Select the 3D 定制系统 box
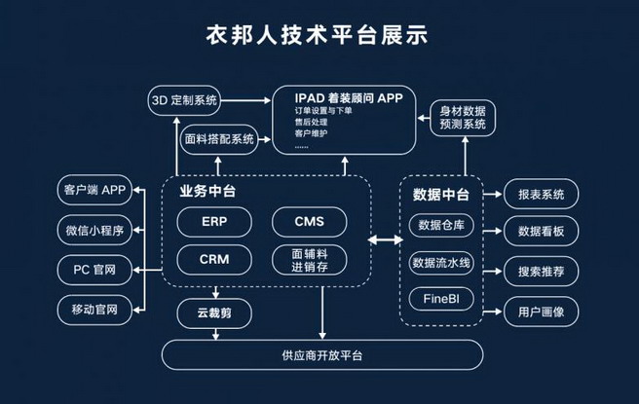[x=185, y=100]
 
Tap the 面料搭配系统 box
[x=219, y=139]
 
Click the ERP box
[x=214, y=222]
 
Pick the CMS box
[x=308, y=222]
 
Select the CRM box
[x=214, y=260]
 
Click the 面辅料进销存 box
[x=308, y=260]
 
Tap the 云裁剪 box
[x=213, y=312]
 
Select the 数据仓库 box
[x=441, y=227]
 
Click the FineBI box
[x=441, y=299]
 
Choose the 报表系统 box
[x=541, y=194]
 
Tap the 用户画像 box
[x=541, y=311]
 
